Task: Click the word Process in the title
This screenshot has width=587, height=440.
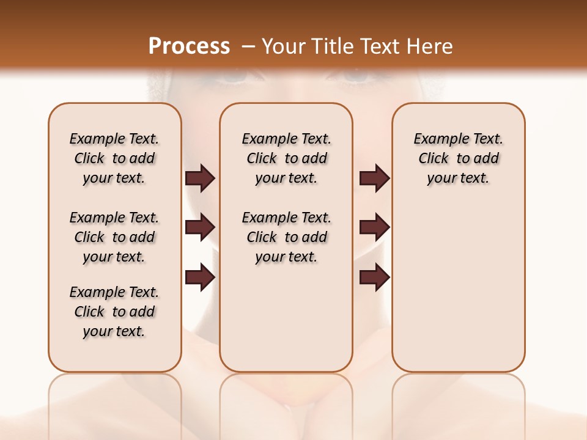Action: [189, 46]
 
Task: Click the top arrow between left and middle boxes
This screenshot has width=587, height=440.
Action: [200, 178]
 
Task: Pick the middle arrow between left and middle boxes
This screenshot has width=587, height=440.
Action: [200, 228]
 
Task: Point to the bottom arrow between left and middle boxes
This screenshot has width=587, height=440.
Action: [200, 278]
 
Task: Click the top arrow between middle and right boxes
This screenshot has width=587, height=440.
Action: [374, 178]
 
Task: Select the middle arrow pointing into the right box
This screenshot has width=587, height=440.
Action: [374, 228]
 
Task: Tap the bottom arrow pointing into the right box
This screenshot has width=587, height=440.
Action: [374, 278]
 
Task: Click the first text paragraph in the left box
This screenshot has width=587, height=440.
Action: [114, 158]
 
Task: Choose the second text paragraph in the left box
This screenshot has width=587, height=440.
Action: [114, 237]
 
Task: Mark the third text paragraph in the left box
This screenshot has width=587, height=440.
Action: [114, 312]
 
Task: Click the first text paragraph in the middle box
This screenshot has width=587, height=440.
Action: [286, 158]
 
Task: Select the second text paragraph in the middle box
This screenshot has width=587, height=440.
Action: [286, 237]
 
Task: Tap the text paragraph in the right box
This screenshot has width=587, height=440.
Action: [458, 158]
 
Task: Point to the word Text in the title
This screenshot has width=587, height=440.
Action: [381, 46]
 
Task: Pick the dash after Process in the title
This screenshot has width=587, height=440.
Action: [249, 46]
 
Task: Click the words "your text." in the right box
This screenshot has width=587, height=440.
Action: [458, 178]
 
